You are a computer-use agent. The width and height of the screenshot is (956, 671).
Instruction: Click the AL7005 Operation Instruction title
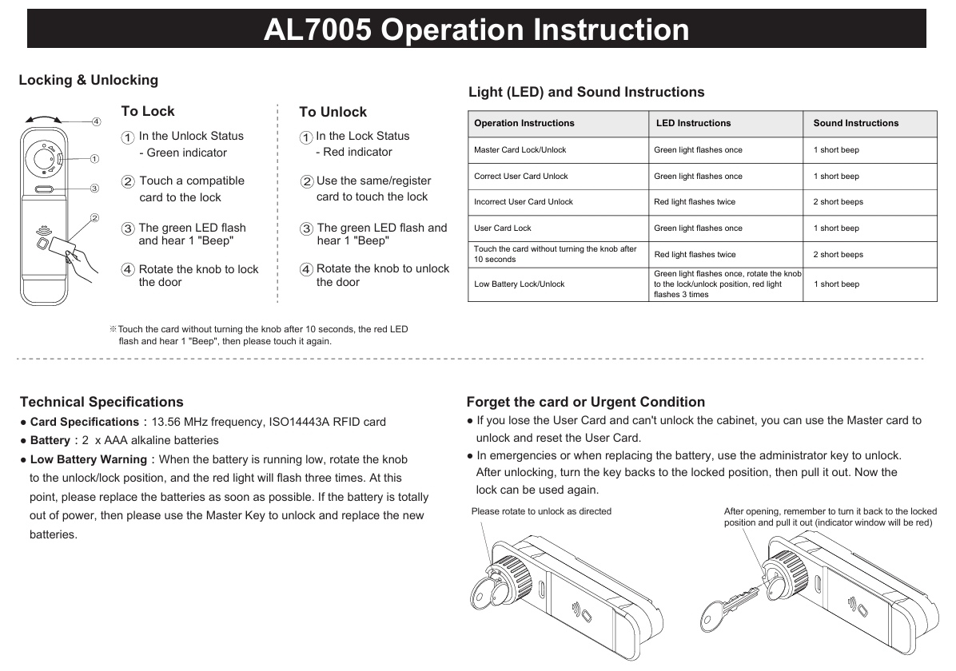click(476, 30)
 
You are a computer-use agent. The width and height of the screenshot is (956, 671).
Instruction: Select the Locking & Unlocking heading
click(89, 80)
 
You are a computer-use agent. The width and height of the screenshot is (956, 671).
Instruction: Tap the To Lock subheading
click(148, 111)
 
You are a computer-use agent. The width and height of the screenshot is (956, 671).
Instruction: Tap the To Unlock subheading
click(333, 112)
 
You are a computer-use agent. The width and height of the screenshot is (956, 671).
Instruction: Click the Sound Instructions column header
click(855, 123)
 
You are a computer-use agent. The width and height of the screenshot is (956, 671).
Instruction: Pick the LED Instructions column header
click(693, 123)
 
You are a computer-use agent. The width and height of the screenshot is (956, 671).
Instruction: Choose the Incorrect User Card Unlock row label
click(524, 202)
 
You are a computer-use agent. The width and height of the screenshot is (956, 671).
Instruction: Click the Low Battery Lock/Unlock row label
click(519, 284)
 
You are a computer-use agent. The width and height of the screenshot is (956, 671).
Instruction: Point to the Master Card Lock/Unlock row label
click(520, 150)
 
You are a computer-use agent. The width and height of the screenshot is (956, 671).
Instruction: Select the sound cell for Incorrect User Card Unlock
click(838, 202)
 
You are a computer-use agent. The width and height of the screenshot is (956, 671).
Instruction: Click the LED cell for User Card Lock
click(698, 228)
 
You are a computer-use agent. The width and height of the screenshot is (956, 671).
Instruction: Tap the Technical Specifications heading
click(102, 402)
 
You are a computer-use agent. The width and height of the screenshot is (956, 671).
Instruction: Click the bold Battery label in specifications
click(50, 440)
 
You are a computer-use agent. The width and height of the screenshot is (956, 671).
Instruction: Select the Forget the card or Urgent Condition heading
click(585, 402)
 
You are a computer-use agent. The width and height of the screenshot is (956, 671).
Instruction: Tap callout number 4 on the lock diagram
click(96, 121)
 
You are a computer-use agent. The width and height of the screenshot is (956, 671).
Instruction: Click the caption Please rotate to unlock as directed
click(541, 511)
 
